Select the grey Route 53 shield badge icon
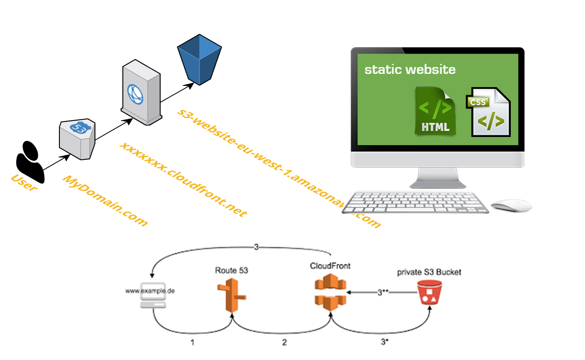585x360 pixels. pyautogui.click(x=78, y=139)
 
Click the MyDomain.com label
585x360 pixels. pyautogui.click(x=105, y=200)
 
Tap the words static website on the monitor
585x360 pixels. pyautogui.click(x=409, y=70)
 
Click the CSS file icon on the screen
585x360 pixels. pyautogui.click(x=489, y=112)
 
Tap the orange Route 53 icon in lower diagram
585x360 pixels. pyautogui.click(x=231, y=295)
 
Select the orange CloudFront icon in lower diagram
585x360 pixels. pyautogui.click(x=330, y=295)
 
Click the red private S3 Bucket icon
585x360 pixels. pyautogui.click(x=429, y=292)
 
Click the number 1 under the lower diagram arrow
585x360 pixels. pyautogui.click(x=192, y=342)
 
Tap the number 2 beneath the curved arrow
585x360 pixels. pyautogui.click(x=284, y=342)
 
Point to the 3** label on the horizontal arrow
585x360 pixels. pyautogui.click(x=382, y=292)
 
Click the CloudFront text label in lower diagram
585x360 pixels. pyautogui.click(x=330, y=266)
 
